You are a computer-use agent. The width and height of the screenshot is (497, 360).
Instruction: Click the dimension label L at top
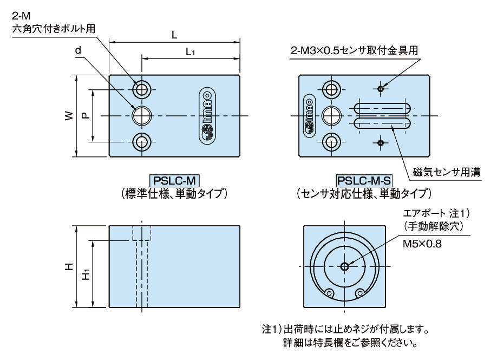(174, 35)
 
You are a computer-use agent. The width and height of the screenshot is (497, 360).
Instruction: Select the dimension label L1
(191, 52)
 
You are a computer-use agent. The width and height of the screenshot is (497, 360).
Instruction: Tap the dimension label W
(67, 116)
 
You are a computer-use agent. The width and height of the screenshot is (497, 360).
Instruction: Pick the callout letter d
(79, 50)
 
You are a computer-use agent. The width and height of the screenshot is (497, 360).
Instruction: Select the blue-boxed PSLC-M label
(173, 180)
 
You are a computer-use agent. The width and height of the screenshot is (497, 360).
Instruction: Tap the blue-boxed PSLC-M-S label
(364, 180)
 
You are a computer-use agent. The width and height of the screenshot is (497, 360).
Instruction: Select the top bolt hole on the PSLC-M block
(142, 89)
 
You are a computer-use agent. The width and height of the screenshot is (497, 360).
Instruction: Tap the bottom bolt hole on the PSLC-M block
(142, 142)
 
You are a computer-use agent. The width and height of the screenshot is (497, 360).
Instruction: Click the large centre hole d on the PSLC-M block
(142, 115)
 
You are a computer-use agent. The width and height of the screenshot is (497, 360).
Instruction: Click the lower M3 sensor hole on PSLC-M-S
(382, 143)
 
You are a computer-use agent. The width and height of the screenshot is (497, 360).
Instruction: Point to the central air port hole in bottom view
(345, 266)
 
